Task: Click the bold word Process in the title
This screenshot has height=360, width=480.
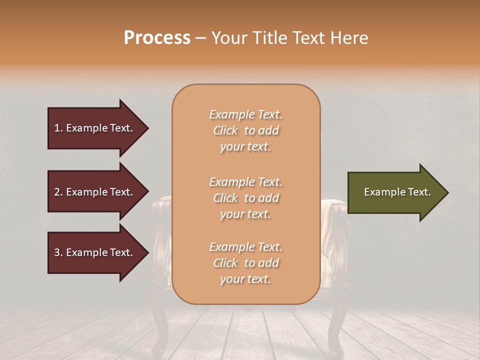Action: coord(157,38)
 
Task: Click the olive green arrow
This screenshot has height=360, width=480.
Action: coord(395,192)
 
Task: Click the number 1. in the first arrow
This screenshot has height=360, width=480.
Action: coord(58,128)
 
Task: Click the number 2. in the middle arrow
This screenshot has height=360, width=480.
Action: coord(58,192)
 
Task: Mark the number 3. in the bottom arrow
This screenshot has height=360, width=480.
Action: coord(58,252)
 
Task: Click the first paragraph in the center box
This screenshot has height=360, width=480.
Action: coord(245,130)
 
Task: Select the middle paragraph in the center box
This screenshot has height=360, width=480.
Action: coord(245,198)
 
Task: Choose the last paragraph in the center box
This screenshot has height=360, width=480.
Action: coord(245,263)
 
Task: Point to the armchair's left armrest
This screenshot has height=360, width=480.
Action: coord(161,210)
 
